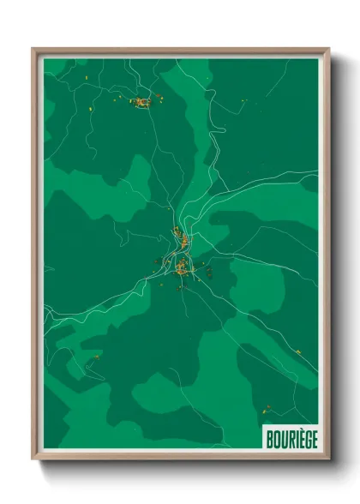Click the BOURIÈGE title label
(291, 436)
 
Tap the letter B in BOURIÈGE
(268, 436)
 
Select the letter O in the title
(275, 436)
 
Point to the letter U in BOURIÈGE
(282, 436)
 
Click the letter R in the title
(289, 436)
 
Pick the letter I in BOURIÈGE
(294, 436)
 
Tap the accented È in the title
(299, 436)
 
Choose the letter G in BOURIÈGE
(306, 436)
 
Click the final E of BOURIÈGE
(313, 436)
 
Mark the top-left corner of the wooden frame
(33, 49)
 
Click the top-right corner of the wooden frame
(329, 49)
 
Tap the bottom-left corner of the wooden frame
(33, 459)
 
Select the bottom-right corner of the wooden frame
(329, 459)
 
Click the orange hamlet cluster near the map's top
(140, 103)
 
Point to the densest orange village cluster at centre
(183, 268)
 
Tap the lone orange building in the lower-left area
(97, 357)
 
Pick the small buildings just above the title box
(268, 408)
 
